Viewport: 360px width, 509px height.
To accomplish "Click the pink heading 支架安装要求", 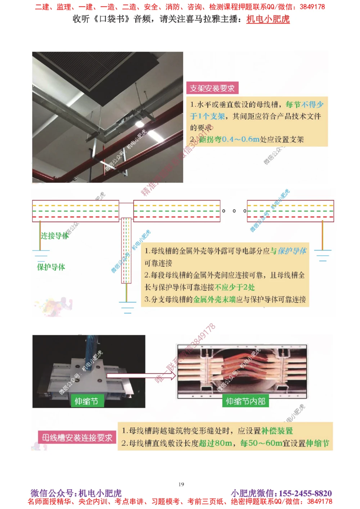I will (x=212, y=88).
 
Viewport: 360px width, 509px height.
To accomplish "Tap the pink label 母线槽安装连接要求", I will (x=77, y=438).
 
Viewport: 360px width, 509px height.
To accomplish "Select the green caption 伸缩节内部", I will (x=246, y=401).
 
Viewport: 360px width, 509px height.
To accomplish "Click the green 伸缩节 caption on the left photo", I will (x=86, y=401).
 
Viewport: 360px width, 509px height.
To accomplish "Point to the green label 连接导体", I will (x=54, y=236).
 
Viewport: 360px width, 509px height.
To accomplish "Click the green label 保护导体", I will (x=51, y=267).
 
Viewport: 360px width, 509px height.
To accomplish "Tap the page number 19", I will (x=181, y=484).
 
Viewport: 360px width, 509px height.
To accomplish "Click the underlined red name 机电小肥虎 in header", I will (x=268, y=19).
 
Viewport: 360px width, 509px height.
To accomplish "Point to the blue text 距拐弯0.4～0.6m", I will (x=229, y=139).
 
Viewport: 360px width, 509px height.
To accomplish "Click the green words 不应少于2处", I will (x=235, y=287).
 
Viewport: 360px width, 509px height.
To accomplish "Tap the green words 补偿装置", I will (x=277, y=431).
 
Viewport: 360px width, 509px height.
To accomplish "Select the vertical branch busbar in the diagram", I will (x=126, y=250).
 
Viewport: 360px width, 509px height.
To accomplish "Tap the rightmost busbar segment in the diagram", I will (x=290, y=211).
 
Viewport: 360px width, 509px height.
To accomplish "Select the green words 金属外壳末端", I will (x=214, y=299).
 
